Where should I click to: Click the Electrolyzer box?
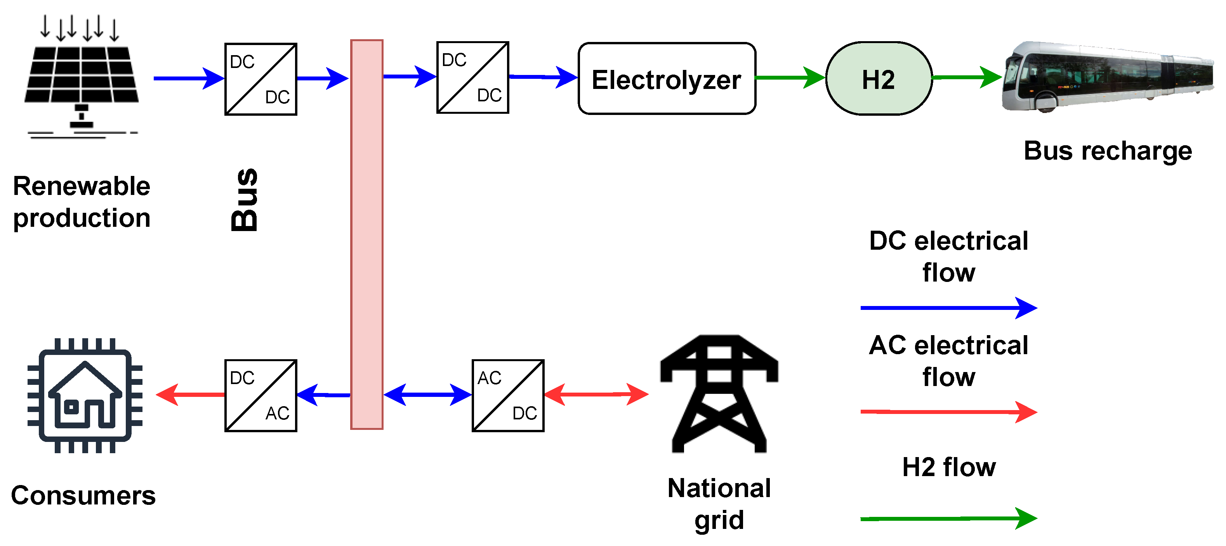666,78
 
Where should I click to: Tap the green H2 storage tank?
879,78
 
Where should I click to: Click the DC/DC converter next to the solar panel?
261,79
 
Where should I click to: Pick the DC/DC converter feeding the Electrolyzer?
472,77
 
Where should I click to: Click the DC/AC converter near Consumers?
261,396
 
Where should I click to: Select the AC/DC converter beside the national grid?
508,396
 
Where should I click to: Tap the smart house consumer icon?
85,395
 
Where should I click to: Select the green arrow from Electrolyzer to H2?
790,77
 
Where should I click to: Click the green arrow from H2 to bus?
966,77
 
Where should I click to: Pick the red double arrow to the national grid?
596,394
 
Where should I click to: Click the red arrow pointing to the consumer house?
190,395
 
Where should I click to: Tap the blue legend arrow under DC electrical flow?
948,308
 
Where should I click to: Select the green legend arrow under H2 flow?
948,518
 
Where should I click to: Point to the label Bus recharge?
1108,151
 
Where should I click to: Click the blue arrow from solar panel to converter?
188,78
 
